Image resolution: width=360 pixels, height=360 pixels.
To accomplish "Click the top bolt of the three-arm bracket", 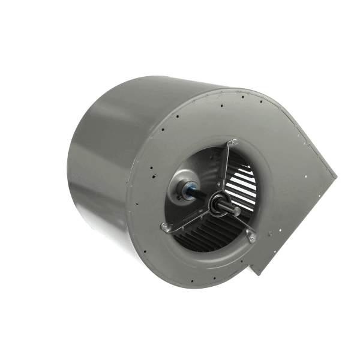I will (233, 142).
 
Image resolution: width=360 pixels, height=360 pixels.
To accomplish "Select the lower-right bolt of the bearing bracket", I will (251, 238).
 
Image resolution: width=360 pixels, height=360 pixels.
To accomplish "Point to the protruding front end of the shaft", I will (235, 211).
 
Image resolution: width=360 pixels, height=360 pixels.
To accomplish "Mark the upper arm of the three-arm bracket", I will (225, 171).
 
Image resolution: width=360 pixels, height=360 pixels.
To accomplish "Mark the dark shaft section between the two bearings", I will (202, 197).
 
